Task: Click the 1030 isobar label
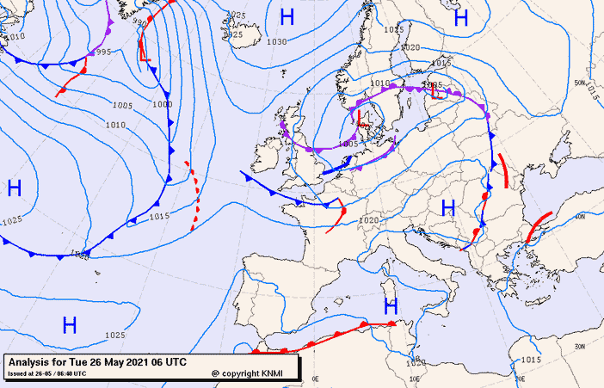(277, 41)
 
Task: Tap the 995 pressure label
(102, 52)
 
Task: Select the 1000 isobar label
(161, 104)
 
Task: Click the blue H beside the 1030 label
(287, 16)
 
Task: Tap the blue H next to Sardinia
(391, 306)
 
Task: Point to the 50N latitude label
(579, 83)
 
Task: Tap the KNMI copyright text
(249, 373)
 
